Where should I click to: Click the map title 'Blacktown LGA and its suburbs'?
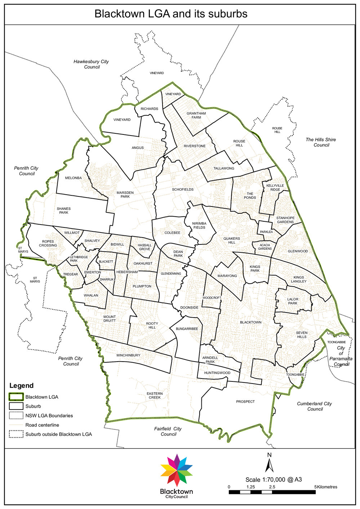tap(171, 14)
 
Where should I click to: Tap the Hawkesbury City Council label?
tap(91, 64)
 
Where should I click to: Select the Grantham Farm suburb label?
tap(196, 115)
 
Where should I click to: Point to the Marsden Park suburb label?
tap(125, 195)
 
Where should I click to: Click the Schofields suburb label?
tap(183, 190)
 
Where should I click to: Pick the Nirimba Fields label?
tap(199, 226)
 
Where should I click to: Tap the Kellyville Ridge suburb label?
tap(275, 187)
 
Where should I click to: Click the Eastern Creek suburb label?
tap(155, 395)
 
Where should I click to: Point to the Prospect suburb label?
tap(245, 402)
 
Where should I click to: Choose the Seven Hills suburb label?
tap(302, 335)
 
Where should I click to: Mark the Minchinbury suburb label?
tap(128, 355)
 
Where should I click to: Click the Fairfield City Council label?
tap(168, 431)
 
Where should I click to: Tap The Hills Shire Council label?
tap(321, 142)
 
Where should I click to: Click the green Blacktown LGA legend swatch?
tap(16, 397)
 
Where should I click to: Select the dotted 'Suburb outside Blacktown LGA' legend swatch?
tap(16, 434)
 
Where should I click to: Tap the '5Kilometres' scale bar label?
tap(326, 487)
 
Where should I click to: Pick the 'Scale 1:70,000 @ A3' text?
tap(274, 480)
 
